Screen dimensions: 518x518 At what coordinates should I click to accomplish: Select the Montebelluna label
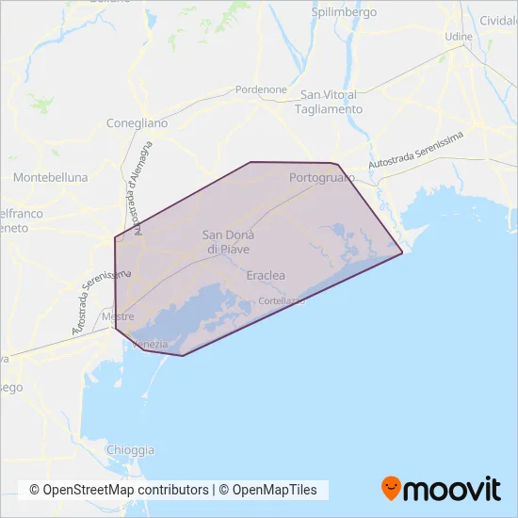(x=51, y=177)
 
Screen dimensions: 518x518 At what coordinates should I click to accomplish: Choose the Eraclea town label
(x=265, y=276)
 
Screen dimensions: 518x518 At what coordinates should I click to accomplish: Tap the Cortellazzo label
(x=283, y=300)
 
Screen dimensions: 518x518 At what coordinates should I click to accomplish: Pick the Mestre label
(x=119, y=317)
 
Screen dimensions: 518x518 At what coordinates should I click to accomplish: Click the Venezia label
(x=153, y=345)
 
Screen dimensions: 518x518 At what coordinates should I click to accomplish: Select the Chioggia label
(x=131, y=449)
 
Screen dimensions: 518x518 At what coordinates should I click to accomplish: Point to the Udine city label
(x=459, y=37)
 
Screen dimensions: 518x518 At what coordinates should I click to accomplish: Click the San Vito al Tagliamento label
(x=331, y=102)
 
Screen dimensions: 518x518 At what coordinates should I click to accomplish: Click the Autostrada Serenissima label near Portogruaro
(x=416, y=151)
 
